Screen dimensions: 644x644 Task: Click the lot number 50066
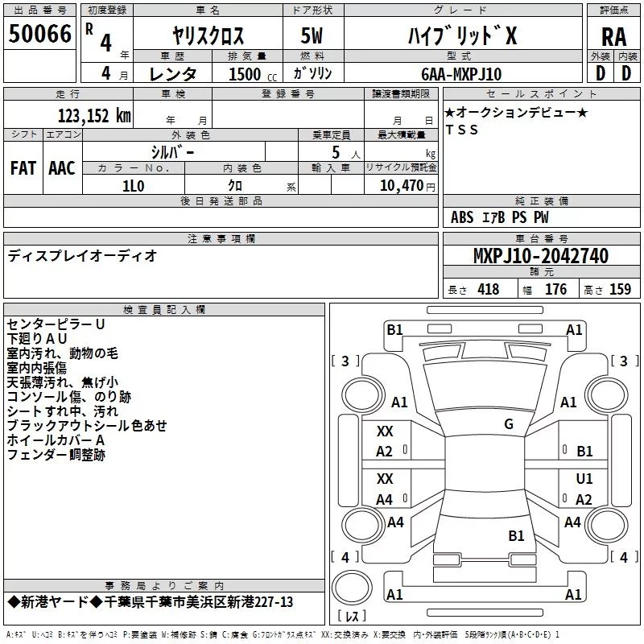pyautogui.click(x=39, y=33)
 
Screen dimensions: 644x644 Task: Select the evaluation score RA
pyautogui.click(x=613, y=36)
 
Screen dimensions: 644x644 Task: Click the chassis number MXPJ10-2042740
pyautogui.click(x=540, y=257)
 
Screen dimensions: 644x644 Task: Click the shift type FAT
pyautogui.click(x=23, y=167)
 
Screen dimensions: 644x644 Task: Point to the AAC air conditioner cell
pyautogui.click(x=62, y=167)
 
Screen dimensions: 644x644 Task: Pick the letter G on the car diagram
pyautogui.click(x=509, y=424)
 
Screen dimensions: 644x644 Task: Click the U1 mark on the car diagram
pyautogui.click(x=584, y=478)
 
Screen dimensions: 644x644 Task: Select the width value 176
pyautogui.click(x=555, y=290)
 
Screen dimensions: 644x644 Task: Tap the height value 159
pyautogui.click(x=620, y=290)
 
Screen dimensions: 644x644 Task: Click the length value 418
pyautogui.click(x=488, y=290)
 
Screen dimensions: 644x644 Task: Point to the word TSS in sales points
pyautogui.click(x=461, y=130)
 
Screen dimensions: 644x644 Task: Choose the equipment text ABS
pyautogui.click(x=462, y=217)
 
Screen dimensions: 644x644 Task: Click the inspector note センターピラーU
pyautogui.click(x=56, y=324)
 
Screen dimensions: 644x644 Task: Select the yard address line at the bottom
pyautogui.click(x=151, y=602)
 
